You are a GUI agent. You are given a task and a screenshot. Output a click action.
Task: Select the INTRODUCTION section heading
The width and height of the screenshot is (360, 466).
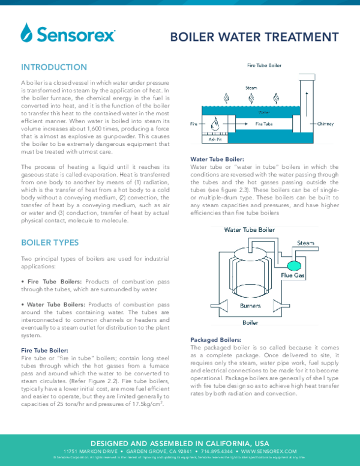click(54, 67)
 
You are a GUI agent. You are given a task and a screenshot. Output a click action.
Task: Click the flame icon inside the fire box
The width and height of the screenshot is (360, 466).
click(214, 124)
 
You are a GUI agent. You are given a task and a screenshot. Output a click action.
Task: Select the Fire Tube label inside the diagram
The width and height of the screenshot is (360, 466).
click(265, 124)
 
